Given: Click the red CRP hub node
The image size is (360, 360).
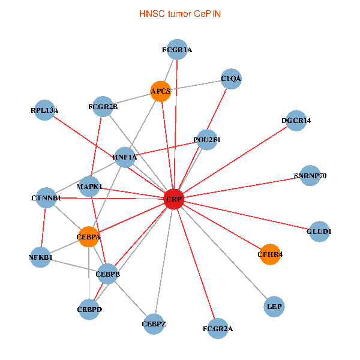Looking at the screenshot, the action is pyautogui.click(x=173, y=199).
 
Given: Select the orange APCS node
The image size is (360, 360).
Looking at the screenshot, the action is pyautogui.click(x=161, y=91).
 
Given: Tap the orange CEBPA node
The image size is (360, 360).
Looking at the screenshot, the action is pyautogui.click(x=89, y=237).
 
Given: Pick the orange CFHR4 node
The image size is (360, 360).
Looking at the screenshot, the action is pyautogui.click(x=270, y=254).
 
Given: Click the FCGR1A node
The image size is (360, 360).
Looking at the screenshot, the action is pyautogui.click(x=177, y=50).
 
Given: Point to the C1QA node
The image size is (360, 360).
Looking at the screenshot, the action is pyautogui.click(x=231, y=79).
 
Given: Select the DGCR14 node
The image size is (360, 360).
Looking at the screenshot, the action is pyautogui.click(x=296, y=121).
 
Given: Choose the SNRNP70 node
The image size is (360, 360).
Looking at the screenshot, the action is pyautogui.click(x=310, y=176).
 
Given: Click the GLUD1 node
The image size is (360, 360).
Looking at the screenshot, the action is pyautogui.click(x=319, y=232).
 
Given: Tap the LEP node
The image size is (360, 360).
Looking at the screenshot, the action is pyautogui.click(x=274, y=307).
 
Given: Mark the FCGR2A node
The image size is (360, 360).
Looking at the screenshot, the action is pyautogui.click(x=217, y=328).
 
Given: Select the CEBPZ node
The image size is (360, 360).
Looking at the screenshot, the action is pyautogui.click(x=154, y=324).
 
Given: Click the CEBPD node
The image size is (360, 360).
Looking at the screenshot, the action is pyautogui.click(x=89, y=310).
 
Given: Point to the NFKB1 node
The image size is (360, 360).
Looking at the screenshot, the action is pyautogui.click(x=41, y=258).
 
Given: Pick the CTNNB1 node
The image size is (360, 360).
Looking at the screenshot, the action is pyautogui.click(x=46, y=197).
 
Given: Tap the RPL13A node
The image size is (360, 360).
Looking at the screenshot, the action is pyautogui.click(x=45, y=110).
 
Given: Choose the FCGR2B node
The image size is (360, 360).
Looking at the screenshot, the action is pyautogui.click(x=103, y=107).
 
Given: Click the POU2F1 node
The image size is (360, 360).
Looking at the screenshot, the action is pyautogui.click(x=207, y=140).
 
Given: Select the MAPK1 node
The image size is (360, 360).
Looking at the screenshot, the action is pyautogui.click(x=90, y=186).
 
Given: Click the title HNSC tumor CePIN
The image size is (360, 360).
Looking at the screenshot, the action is pyautogui.click(x=179, y=13).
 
